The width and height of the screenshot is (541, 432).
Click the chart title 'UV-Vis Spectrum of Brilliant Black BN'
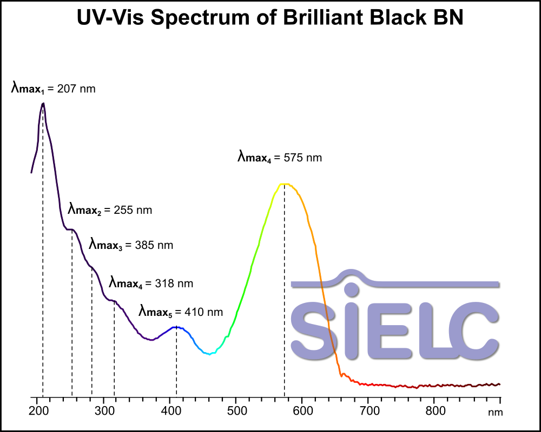pyautogui.click(x=270, y=18)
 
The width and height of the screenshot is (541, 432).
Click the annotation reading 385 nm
pyautogui.click(x=131, y=245)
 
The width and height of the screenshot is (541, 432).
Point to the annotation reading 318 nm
pyautogui.click(x=151, y=283)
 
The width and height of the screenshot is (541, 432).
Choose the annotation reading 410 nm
pyautogui.click(x=181, y=312)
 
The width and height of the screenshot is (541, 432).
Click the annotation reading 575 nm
pyautogui.click(x=280, y=158)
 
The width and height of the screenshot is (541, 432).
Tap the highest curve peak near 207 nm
pyautogui.click(x=43, y=103)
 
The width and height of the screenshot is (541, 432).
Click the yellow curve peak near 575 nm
pyautogui.click(x=284, y=184)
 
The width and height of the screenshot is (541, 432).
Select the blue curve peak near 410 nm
pyautogui.click(x=176, y=327)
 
